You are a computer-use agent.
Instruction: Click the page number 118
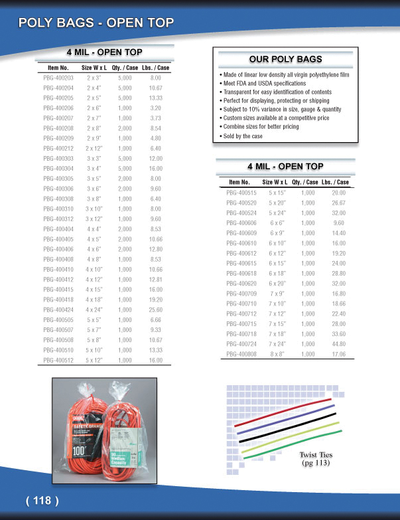coord(42,500)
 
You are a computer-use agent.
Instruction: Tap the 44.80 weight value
coord(338,344)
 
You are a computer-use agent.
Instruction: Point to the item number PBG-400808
coord(241,354)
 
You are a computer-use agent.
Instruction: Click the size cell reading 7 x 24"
coord(277,344)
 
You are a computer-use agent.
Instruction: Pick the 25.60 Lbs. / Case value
coord(156,309)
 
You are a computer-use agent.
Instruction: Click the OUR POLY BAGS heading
coord(285,58)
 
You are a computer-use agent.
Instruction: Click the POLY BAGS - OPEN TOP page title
coord(96,23)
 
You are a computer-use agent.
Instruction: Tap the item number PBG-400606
coord(241,223)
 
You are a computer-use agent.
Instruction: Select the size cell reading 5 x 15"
coord(277,193)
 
